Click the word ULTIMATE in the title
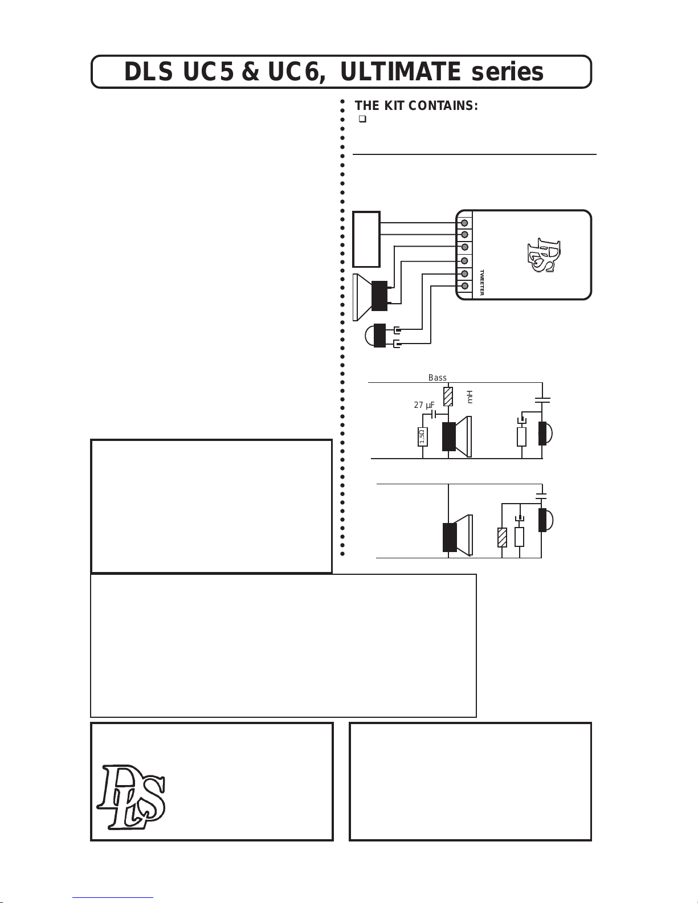pos(401,72)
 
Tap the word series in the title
pos(507,72)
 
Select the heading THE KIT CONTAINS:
pos(416,105)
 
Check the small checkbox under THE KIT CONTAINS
pos(362,119)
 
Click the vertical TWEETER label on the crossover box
pos(482,283)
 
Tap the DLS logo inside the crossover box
pos(544,255)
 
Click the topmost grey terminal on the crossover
pos(464,223)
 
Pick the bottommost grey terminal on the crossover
pos(464,286)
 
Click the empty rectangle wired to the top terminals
pos(366,239)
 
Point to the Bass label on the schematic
pos(438,377)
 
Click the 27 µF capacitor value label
pos(424,404)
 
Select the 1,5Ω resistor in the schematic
pos(423,436)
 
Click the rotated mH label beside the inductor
pos(470,397)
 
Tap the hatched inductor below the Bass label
pos(448,397)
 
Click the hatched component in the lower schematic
pos(503,537)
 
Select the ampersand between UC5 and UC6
pos(251,72)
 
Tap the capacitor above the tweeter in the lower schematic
pos(541,495)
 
